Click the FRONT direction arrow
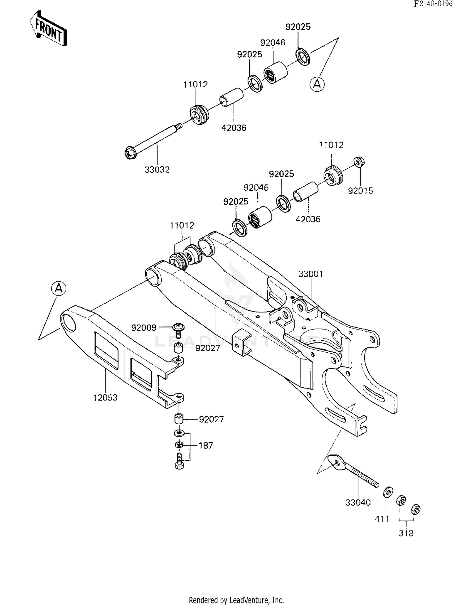pyautogui.click(x=48, y=29)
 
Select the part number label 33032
pyautogui.click(x=157, y=170)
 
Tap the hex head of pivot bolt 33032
pyautogui.click(x=130, y=153)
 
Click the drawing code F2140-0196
pyautogui.click(x=433, y=4)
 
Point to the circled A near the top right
pyautogui.click(x=317, y=84)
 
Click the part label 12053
pyautogui.click(x=105, y=397)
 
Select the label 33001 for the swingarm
pyautogui.click(x=311, y=274)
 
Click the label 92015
pyautogui.click(x=360, y=190)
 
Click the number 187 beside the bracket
pyautogui.click(x=206, y=445)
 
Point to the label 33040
pyautogui.click(x=358, y=502)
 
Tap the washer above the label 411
pyautogui.click(x=388, y=492)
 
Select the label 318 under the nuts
pyautogui.click(x=406, y=533)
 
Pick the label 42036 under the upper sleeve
pyautogui.click(x=234, y=128)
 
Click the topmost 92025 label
pyautogui.click(x=298, y=27)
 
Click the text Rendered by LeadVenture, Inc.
pyautogui.click(x=236, y=600)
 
